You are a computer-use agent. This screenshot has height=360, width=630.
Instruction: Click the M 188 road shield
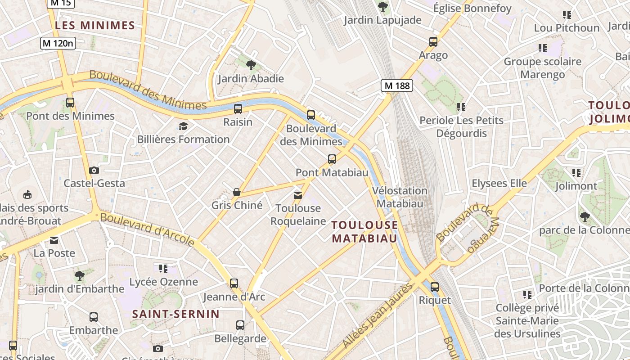[x=396, y=85]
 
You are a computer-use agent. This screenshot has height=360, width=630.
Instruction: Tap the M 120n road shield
[x=58, y=43]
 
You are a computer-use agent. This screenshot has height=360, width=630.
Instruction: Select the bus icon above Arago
[x=433, y=42]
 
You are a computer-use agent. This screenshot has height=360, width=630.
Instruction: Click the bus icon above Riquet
[x=435, y=287]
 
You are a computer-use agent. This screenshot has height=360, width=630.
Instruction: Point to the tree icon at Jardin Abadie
[x=251, y=65]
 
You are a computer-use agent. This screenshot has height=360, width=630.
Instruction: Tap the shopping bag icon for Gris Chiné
[x=237, y=192]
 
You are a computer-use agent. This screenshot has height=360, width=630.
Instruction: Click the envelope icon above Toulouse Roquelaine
[x=298, y=195]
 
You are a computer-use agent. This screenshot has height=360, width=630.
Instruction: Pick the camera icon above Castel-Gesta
[x=94, y=170]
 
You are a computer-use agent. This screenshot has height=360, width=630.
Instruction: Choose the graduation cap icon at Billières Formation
[x=183, y=126]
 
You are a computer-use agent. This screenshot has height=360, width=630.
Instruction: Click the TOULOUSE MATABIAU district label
[x=365, y=231]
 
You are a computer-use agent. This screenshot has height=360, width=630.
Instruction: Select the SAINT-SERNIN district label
[x=176, y=314]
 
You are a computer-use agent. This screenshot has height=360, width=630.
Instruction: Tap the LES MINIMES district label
[x=95, y=25]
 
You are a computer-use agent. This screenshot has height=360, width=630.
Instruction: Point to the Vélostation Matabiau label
[x=400, y=197]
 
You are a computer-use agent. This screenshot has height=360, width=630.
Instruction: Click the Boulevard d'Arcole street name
[x=147, y=229]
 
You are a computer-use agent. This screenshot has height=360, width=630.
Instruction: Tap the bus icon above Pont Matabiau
[x=332, y=159]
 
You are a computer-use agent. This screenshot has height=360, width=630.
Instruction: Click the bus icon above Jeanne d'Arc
[x=234, y=283]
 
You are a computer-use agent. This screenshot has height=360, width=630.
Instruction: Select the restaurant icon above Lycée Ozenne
[x=163, y=269]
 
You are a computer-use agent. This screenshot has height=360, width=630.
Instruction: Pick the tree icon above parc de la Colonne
[x=585, y=217]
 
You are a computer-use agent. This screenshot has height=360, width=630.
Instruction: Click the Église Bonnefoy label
[x=472, y=8]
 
